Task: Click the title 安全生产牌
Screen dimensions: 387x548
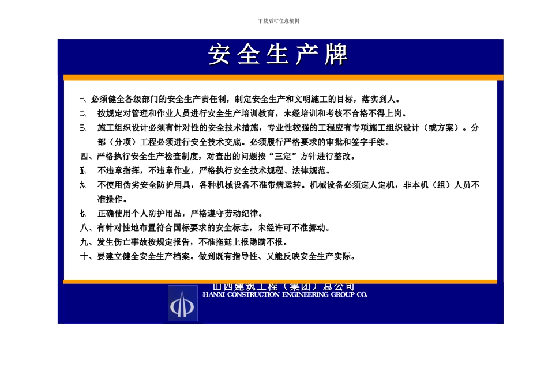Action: point(279,55)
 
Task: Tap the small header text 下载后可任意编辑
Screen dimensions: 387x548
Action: point(279,21)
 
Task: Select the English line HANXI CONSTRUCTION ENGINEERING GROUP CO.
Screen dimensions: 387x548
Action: point(285,295)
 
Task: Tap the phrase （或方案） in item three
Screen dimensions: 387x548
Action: point(445,128)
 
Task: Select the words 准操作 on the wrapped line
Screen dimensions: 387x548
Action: point(111,199)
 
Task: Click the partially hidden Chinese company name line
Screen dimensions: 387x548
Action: point(284,287)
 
